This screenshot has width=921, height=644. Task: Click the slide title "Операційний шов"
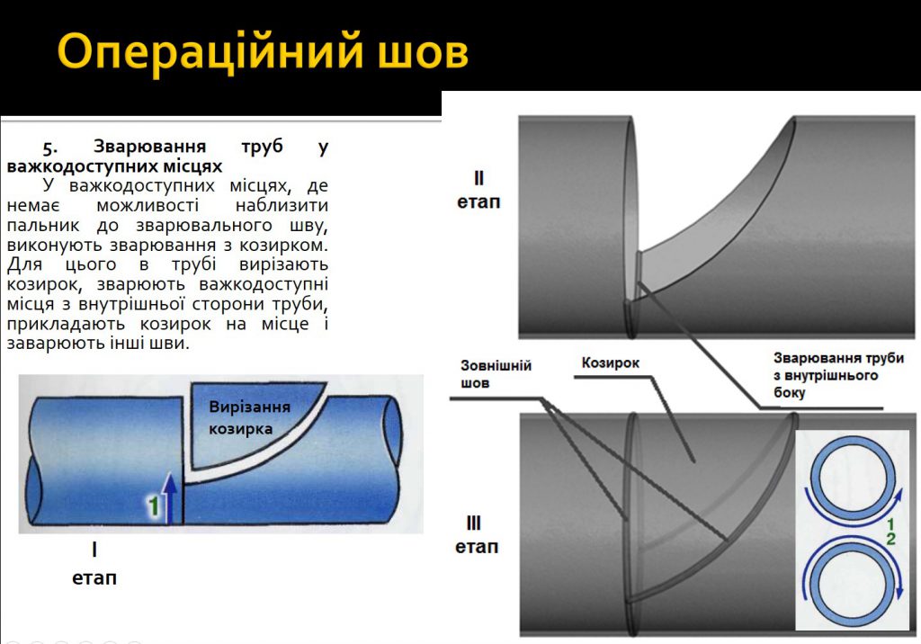tap(263, 52)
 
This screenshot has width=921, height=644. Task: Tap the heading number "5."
tap(50, 147)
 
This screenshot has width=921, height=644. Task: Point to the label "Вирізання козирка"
tap(249, 417)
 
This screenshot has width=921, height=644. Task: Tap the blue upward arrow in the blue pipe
tap(170, 494)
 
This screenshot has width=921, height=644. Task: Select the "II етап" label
tap(478, 190)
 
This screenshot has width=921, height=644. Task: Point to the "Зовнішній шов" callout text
tap(496, 374)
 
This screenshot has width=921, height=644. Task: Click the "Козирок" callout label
tap(610, 362)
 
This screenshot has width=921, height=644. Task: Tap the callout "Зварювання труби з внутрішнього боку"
tap(826, 375)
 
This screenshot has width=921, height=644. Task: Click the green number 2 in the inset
tap(890, 539)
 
